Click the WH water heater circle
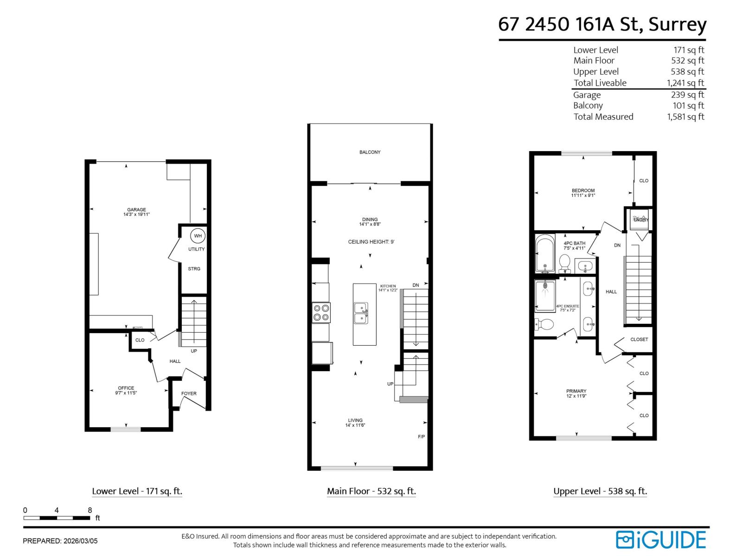point(198,236)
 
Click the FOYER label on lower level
point(189,394)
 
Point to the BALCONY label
point(370,152)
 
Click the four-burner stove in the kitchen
point(321,312)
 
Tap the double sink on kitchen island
point(361,313)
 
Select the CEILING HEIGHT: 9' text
point(371,242)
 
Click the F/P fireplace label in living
point(421,437)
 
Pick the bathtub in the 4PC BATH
point(544,254)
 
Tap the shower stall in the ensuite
point(545,296)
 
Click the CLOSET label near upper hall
point(639,340)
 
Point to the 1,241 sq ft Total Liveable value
point(685,83)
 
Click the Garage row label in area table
point(587,95)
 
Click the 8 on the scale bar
point(90,510)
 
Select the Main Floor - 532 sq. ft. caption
point(371,491)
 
